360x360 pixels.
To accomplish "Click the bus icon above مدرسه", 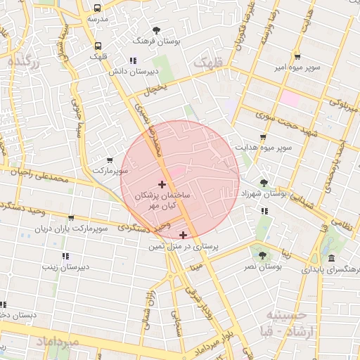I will pyautogui.click(x=97, y=8).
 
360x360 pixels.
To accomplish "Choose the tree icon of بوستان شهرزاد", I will pyautogui.click(x=264, y=182).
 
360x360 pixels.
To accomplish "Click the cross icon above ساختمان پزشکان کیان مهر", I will pyautogui.click(x=162, y=184).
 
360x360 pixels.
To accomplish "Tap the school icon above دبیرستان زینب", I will pyautogui.click(x=65, y=256).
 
